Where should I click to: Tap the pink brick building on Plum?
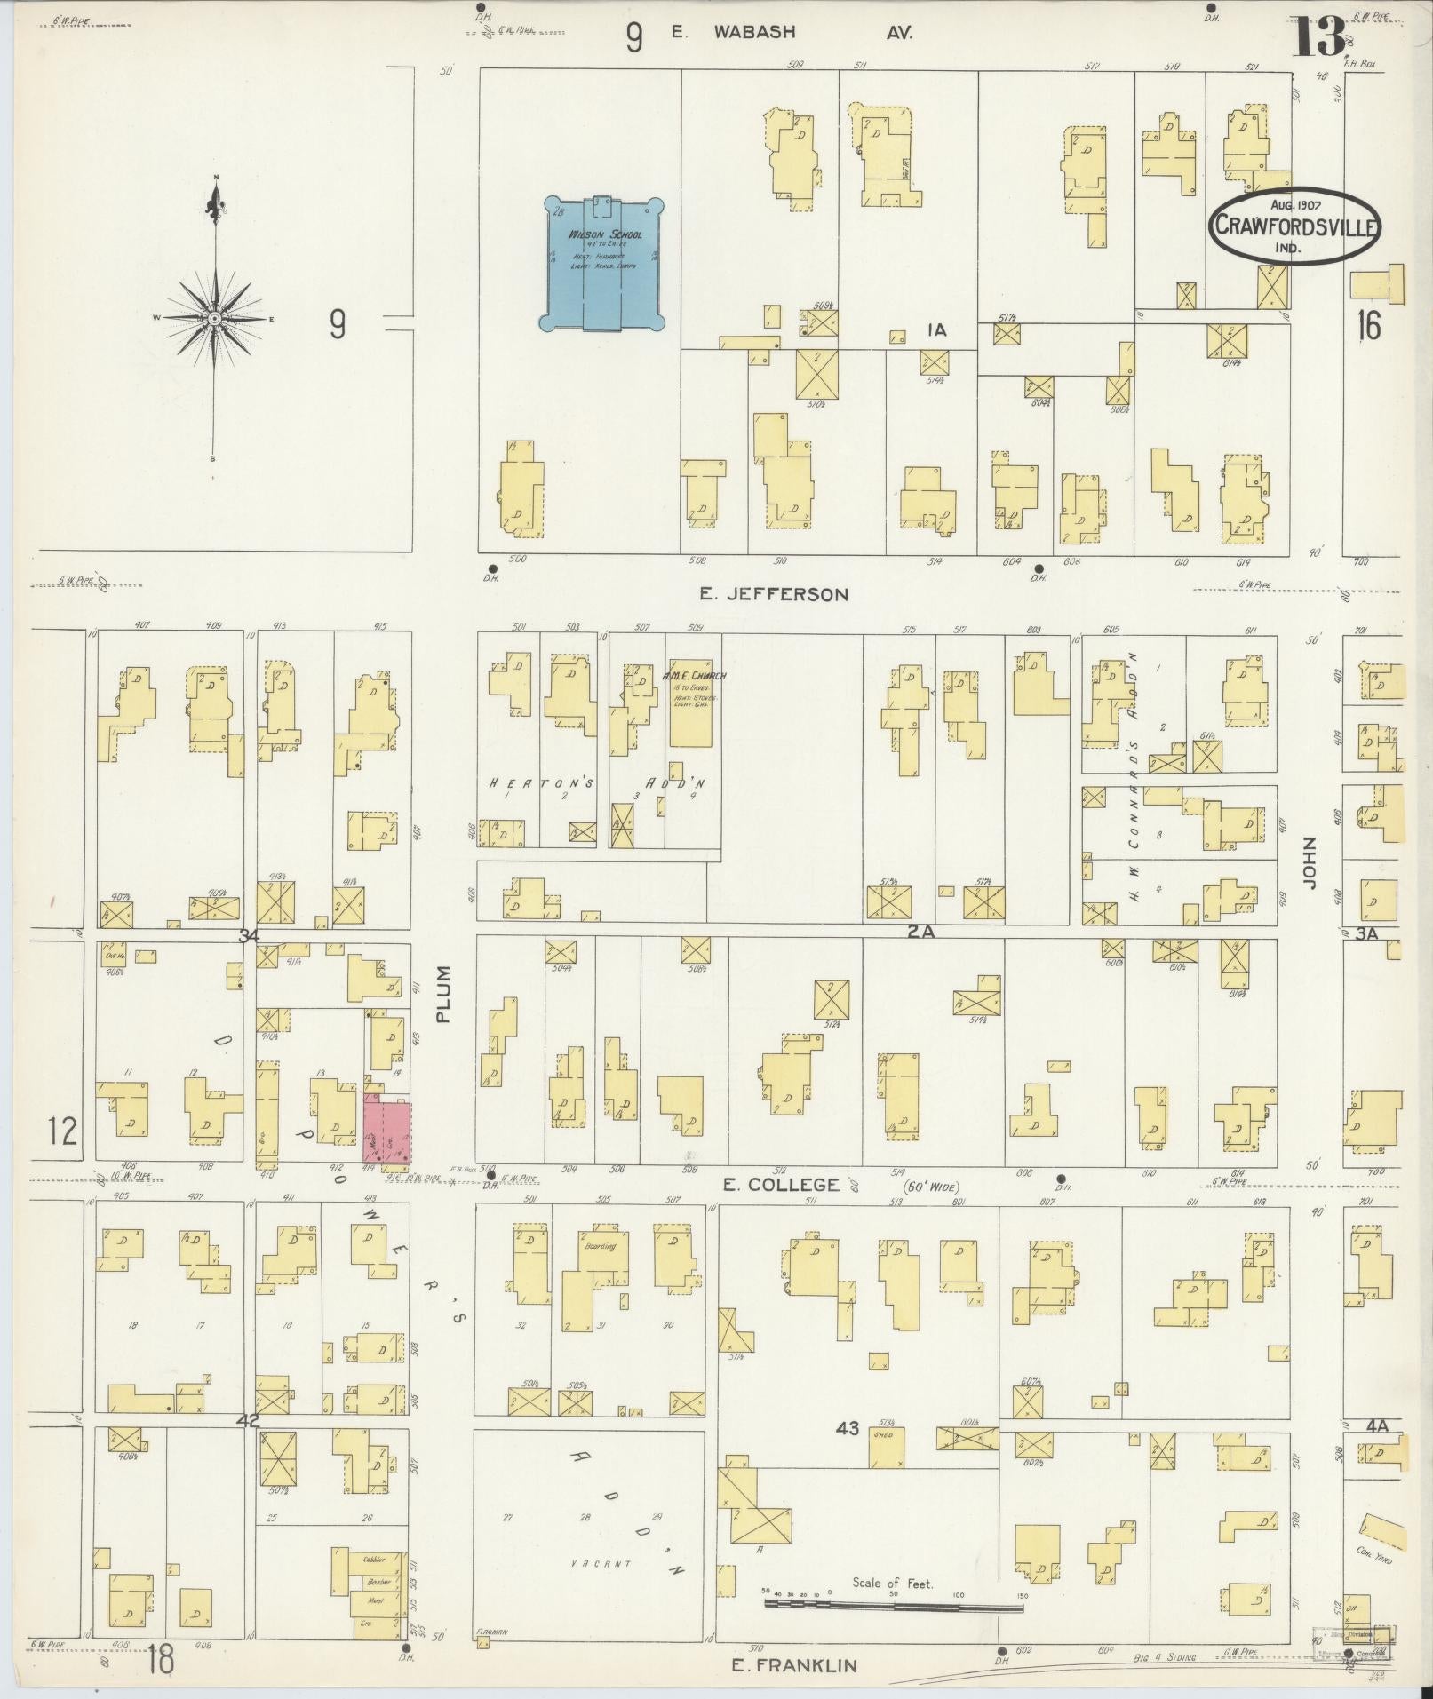coord(388,1131)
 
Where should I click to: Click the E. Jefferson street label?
coord(773,594)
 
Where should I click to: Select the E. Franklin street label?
coord(793,1665)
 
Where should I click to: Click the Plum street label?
coord(444,994)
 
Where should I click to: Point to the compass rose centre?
coord(214,317)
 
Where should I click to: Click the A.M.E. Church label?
coord(694,675)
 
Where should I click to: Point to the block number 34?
coord(249,936)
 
